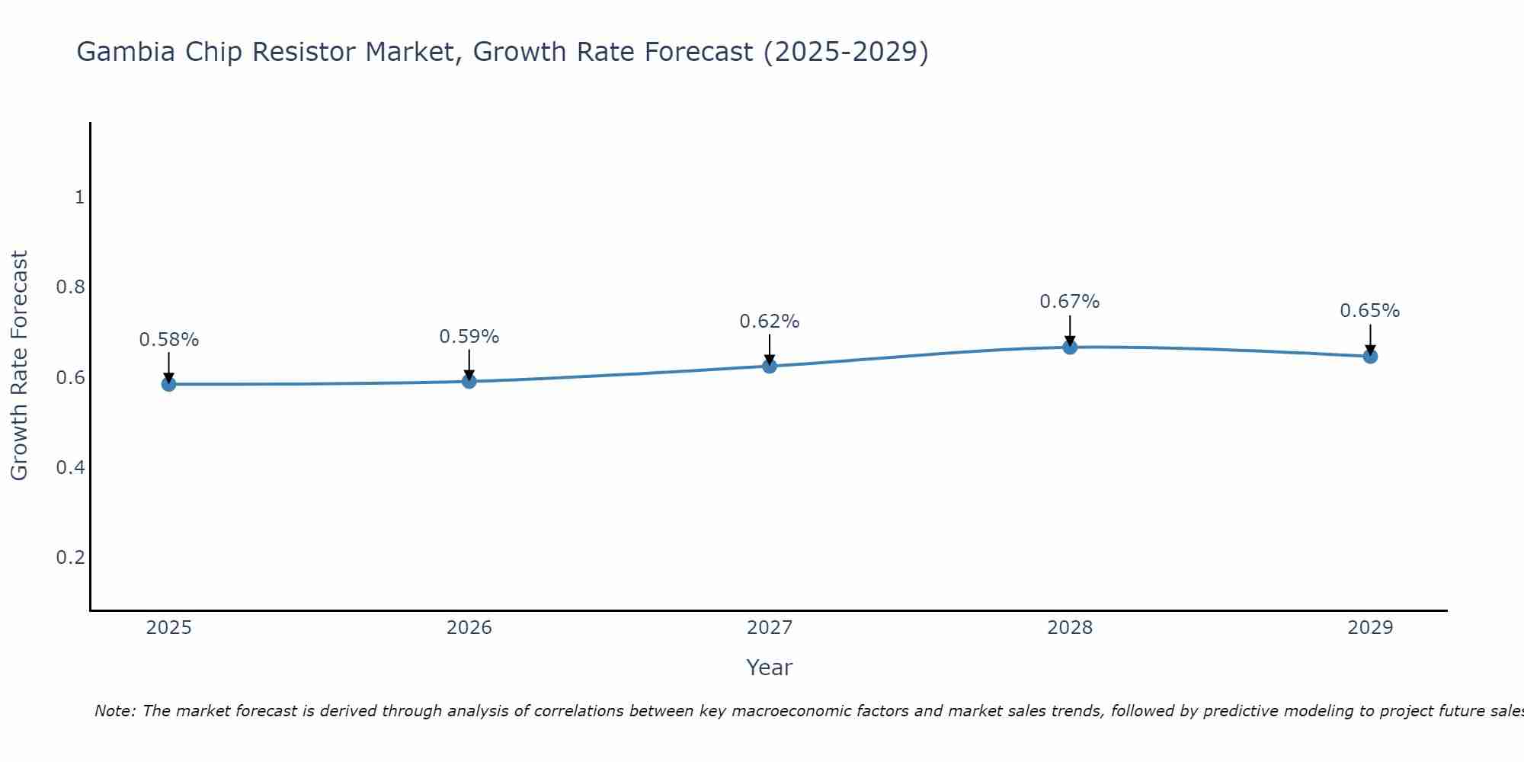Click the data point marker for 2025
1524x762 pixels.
pos(168,384)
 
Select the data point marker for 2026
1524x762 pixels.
pos(469,381)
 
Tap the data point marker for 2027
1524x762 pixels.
pos(770,366)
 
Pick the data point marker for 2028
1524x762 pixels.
pos(1070,347)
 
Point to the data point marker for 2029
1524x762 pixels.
pos(1370,356)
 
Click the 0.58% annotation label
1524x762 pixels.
pos(168,340)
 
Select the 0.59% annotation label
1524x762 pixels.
pos(469,337)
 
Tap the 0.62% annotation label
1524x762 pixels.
pos(770,322)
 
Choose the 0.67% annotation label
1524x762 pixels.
pos(1070,302)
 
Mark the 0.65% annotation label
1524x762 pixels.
pos(1370,311)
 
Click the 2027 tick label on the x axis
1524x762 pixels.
pos(770,628)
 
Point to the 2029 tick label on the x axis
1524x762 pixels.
pos(1370,628)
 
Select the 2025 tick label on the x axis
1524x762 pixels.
pos(168,628)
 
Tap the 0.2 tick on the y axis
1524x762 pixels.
pos(70,557)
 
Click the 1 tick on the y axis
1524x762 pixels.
pos(79,197)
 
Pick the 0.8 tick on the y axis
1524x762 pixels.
pos(70,287)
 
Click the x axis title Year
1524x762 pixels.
pos(770,668)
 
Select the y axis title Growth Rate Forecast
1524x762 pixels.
pos(19,366)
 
